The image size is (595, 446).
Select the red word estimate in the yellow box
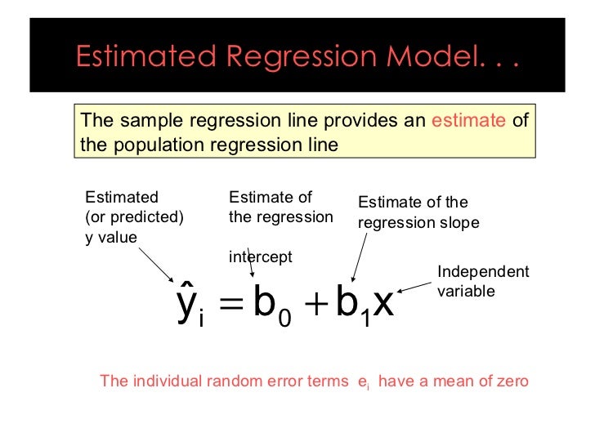[x=469, y=121]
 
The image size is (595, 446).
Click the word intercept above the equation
[x=260, y=256]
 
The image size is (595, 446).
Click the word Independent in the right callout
[x=483, y=272]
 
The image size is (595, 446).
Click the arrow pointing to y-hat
[x=154, y=262]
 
